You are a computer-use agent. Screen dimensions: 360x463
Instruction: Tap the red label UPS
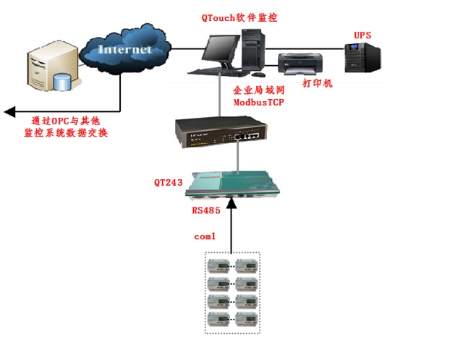(363, 34)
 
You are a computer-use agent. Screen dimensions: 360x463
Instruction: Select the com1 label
(206, 236)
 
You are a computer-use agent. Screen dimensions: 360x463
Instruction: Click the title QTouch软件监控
(239, 17)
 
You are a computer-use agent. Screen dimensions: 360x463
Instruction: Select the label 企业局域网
(258, 92)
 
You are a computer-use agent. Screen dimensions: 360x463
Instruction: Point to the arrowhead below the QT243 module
(231, 206)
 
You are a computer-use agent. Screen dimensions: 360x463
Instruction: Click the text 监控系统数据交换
(66, 133)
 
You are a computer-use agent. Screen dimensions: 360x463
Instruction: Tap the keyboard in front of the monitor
(210, 70)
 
